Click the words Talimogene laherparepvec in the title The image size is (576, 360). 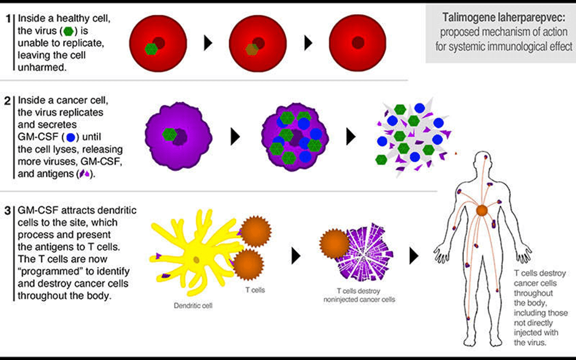point(501,19)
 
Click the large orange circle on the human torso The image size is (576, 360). point(482,211)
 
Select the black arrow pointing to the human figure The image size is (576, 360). point(415,255)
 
